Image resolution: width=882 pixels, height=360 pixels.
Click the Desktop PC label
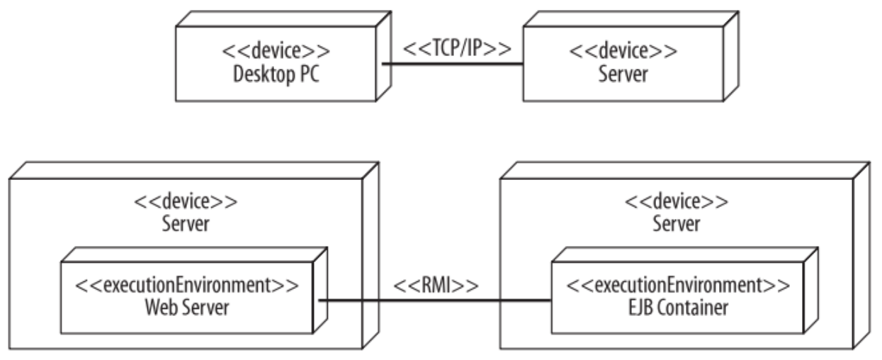(276, 74)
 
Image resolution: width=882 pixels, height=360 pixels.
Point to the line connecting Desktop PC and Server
(453, 64)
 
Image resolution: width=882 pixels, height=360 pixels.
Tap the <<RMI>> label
(435, 286)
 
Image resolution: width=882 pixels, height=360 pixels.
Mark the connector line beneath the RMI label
(435, 300)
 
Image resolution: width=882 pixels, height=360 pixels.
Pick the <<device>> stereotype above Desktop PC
(276, 52)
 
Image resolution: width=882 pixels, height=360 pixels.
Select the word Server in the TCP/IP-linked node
(623, 74)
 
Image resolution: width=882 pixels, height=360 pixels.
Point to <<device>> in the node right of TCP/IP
(623, 52)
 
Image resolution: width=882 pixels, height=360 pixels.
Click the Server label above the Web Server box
(186, 224)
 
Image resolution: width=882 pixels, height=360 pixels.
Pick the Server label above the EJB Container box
(677, 224)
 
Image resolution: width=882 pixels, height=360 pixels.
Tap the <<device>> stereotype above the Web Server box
(186, 202)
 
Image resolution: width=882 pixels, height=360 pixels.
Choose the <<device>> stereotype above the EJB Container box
(677, 202)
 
